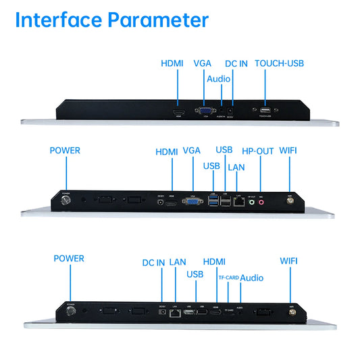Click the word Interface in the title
(x=57, y=20)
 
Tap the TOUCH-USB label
(x=279, y=63)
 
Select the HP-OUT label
(x=258, y=151)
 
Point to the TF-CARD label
(x=228, y=278)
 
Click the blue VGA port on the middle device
(x=193, y=203)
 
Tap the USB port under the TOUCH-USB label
(x=265, y=110)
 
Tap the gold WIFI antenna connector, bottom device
(x=292, y=311)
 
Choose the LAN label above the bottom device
(x=178, y=262)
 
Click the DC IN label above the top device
(x=236, y=63)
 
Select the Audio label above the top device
(x=218, y=79)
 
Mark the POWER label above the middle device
(x=65, y=151)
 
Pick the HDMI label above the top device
(x=172, y=63)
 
